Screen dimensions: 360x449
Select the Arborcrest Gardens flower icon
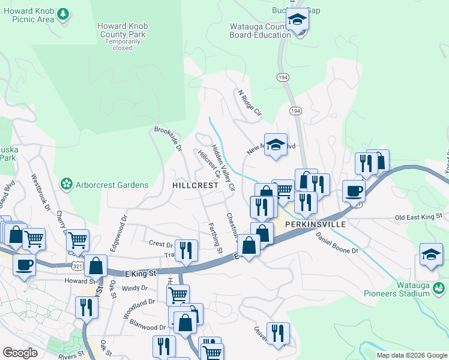click(66, 184)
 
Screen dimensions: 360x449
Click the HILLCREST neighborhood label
click(194, 186)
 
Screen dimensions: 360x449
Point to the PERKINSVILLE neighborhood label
click(315, 224)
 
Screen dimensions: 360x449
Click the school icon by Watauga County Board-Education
click(297, 20)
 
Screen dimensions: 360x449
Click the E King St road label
click(140, 273)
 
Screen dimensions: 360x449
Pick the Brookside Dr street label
click(167, 139)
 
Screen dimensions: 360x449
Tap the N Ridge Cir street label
click(250, 103)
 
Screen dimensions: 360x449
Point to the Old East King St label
click(418, 215)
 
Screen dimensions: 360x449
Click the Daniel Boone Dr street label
click(337, 242)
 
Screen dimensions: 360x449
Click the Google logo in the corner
click(20, 353)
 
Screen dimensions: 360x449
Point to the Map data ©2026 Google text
click(412, 355)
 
